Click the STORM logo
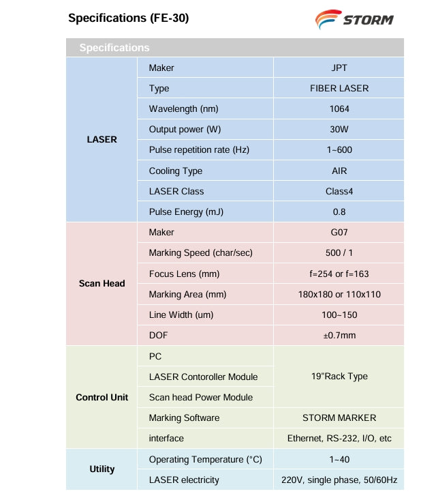[x=354, y=18]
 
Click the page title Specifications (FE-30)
[x=128, y=18]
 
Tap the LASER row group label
[x=102, y=139]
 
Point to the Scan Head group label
[x=102, y=283]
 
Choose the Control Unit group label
[x=102, y=397]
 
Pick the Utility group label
[x=102, y=469]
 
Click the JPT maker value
[x=339, y=68]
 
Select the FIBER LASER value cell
[x=339, y=88]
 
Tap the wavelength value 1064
[x=339, y=108]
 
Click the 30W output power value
[x=339, y=129]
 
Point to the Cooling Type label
[x=175, y=171]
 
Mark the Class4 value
[x=339, y=191]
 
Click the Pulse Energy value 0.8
[x=339, y=211]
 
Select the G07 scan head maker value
[x=339, y=233]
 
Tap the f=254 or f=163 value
[x=339, y=274]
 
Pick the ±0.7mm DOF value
[x=339, y=335]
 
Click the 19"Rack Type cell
[x=339, y=376]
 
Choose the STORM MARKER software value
[x=339, y=418]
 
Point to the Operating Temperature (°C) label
[x=205, y=459]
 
